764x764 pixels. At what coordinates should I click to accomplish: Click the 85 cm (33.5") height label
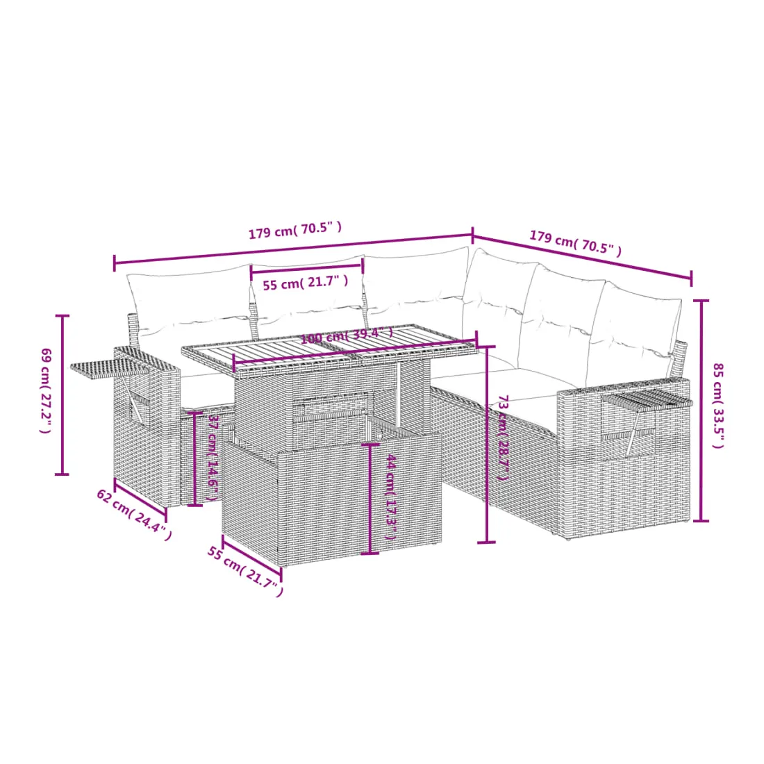718,406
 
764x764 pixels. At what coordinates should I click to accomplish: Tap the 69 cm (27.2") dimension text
45,390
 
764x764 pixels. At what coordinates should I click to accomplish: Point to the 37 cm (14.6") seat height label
213,458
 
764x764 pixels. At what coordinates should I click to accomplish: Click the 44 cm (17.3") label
391,497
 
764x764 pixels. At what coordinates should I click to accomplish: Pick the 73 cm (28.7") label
503,438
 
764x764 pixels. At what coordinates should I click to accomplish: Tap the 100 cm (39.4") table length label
347,335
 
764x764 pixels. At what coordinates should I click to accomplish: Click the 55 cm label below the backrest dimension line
306,283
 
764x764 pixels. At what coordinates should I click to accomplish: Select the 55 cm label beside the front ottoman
245,572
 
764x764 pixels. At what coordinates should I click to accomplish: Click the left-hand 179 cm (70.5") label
294,231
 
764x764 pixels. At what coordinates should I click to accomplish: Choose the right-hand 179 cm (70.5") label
576,243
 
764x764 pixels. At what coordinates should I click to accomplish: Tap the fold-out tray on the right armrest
647,399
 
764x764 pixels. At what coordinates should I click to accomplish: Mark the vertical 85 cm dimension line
701,410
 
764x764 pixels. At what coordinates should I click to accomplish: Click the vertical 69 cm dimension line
62,395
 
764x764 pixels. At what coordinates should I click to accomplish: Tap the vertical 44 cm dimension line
370,499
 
